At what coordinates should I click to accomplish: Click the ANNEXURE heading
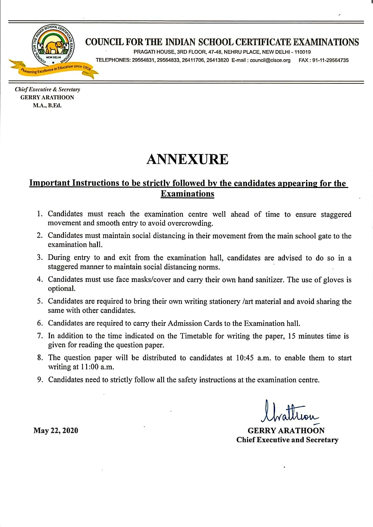click(x=187, y=159)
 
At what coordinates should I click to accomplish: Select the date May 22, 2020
click(x=56, y=430)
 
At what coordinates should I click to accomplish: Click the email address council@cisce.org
click(x=270, y=60)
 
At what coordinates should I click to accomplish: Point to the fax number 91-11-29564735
click(x=328, y=60)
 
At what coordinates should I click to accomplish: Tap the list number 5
click(x=40, y=301)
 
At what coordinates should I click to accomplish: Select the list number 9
click(x=40, y=380)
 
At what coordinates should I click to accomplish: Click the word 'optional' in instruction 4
click(x=61, y=289)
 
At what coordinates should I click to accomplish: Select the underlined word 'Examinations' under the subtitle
click(x=187, y=194)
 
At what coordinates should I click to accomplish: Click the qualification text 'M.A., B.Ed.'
click(x=47, y=106)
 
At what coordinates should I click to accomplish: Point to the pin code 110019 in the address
click(x=303, y=52)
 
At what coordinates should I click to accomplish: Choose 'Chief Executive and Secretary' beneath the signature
click(x=287, y=440)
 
